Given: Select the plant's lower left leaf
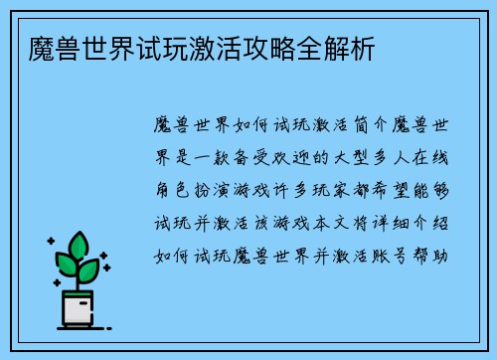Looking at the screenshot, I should pyautogui.click(x=66, y=264).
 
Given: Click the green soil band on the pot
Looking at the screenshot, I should pyautogui.click(x=77, y=295).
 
